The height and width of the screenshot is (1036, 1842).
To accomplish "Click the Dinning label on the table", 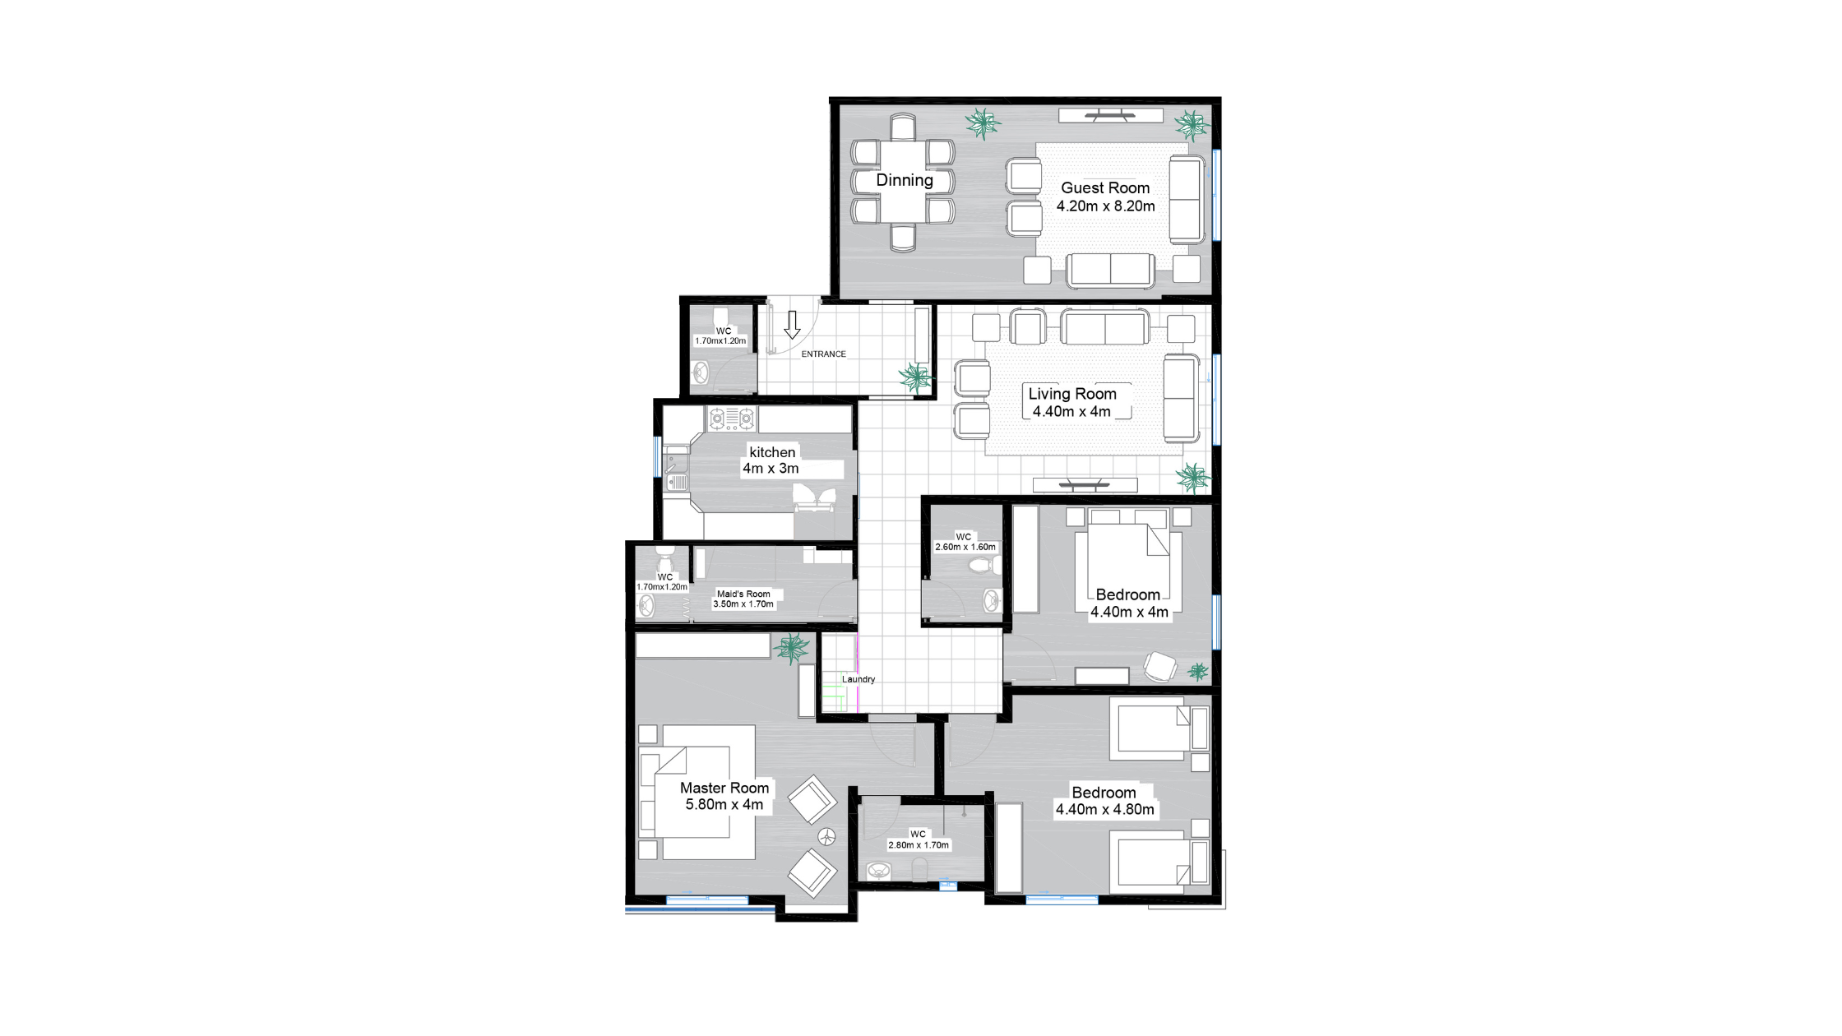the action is click(905, 180).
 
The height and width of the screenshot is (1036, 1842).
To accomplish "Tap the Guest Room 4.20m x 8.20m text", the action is click(1105, 197).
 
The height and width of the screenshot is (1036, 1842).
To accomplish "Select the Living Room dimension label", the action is click(1072, 403).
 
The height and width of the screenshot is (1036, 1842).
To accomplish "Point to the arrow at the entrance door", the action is click(792, 325).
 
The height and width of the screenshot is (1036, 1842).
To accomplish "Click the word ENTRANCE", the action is click(823, 354).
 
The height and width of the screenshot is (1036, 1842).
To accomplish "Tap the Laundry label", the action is click(859, 679).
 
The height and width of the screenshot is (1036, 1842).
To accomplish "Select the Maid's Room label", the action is click(743, 599).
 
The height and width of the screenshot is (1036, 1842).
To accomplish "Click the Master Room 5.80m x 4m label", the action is click(724, 796).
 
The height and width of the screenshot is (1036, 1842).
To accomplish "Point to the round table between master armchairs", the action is click(826, 836).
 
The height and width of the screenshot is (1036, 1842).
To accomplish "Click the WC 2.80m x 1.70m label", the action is click(919, 839).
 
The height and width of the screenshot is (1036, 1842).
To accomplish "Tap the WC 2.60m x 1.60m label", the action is click(965, 542).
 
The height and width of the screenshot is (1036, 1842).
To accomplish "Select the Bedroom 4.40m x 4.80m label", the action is click(1104, 801).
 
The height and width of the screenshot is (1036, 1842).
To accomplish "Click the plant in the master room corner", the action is click(792, 648).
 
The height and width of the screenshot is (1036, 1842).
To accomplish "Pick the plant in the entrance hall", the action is click(915, 377).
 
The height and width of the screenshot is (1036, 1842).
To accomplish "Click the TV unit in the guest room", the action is click(1110, 115).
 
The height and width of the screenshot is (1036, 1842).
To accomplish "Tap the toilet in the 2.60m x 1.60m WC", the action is click(982, 565).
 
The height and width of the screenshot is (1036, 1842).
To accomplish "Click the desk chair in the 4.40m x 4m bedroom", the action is click(1159, 666).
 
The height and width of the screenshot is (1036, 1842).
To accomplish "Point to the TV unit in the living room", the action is click(1085, 484).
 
